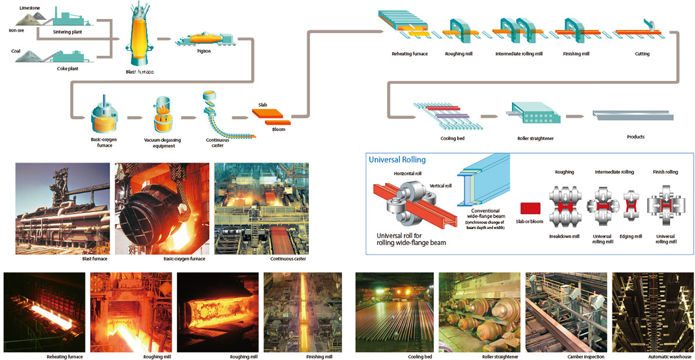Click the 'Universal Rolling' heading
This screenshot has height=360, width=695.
tap(394, 159)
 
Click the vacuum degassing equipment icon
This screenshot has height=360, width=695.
tap(163, 116)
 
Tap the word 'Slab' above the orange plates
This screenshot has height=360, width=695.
tap(263, 104)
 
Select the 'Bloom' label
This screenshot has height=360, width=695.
tap(278, 130)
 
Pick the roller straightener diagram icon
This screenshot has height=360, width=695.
tap(532, 113)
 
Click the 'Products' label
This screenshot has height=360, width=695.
tap(636, 137)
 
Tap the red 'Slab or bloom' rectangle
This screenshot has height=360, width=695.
tap(531, 208)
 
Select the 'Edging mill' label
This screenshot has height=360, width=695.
tap(632, 236)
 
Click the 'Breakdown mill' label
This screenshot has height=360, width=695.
tap(563, 236)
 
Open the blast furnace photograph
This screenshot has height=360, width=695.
tap(63, 208)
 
